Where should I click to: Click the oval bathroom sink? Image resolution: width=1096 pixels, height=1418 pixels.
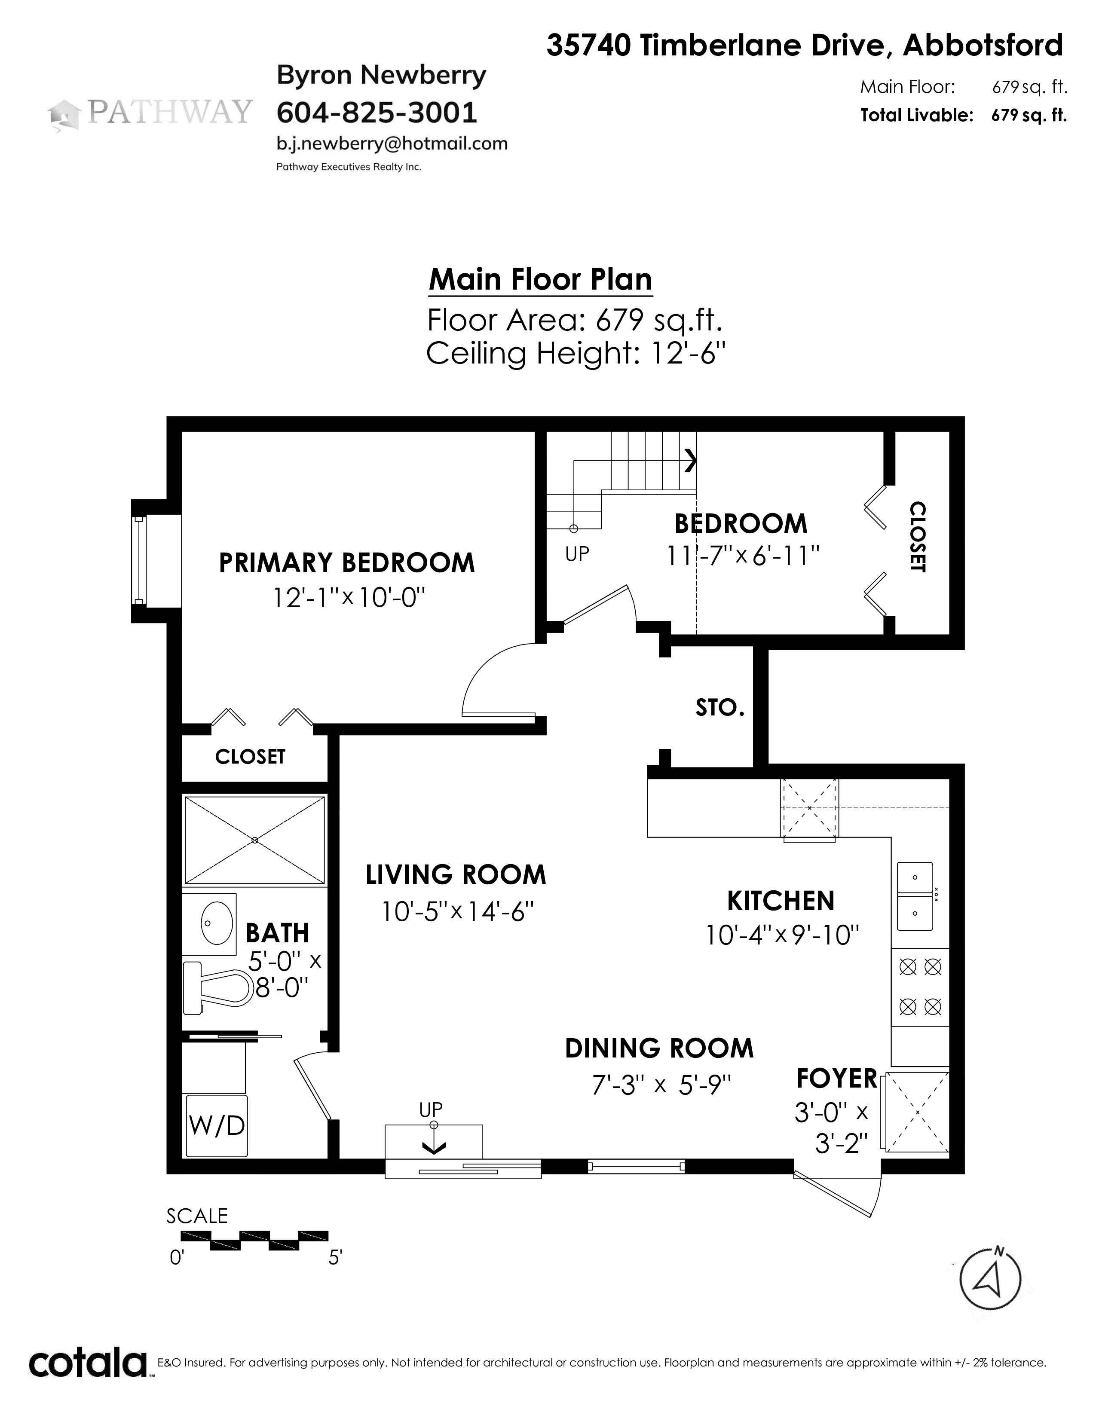pos(217,923)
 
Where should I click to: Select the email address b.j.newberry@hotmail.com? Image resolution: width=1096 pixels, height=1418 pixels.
pos(392,144)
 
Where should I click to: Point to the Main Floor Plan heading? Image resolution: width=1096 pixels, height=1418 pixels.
pos(540,279)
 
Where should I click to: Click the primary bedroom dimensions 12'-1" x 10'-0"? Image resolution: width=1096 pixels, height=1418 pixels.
pos(348,597)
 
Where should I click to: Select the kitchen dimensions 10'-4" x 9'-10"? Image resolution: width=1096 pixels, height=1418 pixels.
pos(782,935)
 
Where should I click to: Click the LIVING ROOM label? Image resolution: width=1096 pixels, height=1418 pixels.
pos(456,874)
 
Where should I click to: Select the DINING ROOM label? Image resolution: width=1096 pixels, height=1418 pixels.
pos(659,1048)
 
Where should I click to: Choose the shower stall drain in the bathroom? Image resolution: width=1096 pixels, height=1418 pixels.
pos(254,840)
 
